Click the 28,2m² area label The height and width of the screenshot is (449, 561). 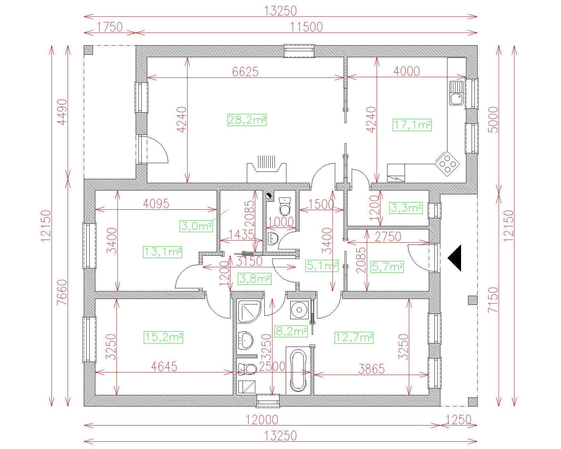point(247,120)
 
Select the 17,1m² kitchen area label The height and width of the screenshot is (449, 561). point(412,125)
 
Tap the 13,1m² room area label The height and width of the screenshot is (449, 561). point(162,252)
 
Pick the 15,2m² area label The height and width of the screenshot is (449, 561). point(163,337)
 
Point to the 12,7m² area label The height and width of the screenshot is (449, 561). point(354,337)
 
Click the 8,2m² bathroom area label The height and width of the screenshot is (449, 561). point(291,331)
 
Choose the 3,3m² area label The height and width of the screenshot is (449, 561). point(406,208)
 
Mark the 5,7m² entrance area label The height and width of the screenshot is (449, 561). point(387,267)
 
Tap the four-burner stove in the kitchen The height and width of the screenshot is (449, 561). point(447,164)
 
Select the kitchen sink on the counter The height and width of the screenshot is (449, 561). point(456,93)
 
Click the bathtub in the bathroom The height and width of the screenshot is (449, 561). point(298,371)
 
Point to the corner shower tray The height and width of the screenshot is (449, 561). point(249,312)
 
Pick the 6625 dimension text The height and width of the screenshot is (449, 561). point(245,72)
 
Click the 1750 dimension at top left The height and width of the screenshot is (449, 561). point(110,27)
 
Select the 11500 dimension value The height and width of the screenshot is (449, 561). point(306,27)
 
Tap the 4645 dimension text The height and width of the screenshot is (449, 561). point(164,367)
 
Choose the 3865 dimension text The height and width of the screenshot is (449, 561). point(371,369)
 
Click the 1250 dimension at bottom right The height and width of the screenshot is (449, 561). point(459,420)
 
